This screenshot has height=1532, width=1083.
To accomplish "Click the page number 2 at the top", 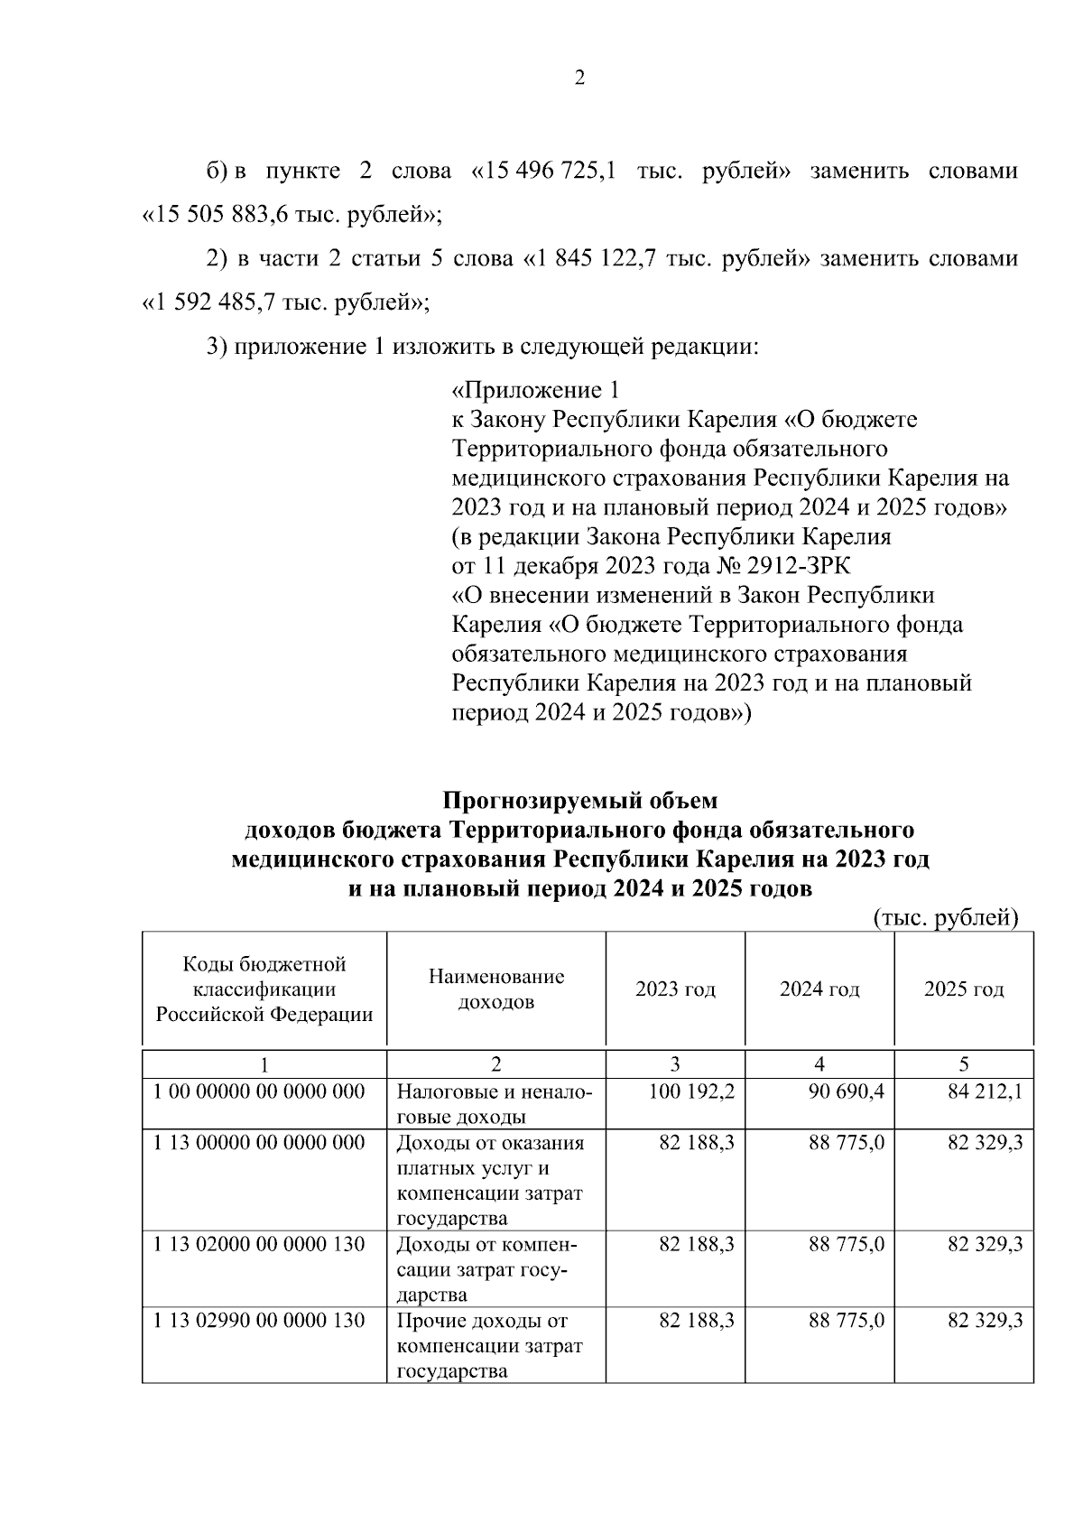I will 579,79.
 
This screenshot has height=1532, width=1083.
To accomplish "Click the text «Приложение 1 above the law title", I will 536,391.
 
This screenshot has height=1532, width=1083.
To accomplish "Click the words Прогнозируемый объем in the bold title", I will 579,801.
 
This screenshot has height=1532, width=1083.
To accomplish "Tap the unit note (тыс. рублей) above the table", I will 946,918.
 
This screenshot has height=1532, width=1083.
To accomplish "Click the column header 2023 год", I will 675,989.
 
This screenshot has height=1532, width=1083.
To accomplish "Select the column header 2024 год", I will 819,989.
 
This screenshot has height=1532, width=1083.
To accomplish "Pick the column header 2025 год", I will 964,989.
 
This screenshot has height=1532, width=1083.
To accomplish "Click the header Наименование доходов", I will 496,989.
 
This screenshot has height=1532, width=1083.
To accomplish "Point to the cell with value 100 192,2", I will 691,1092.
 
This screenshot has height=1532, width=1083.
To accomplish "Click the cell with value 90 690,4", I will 847,1092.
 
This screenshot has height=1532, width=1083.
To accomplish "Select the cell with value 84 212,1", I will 985,1092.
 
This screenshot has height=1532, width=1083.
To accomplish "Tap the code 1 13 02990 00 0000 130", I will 259,1322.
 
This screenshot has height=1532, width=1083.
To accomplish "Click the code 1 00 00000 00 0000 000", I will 259,1092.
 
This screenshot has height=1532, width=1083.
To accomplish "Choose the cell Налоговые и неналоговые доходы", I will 495,1104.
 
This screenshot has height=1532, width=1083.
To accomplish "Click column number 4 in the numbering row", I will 819,1063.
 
